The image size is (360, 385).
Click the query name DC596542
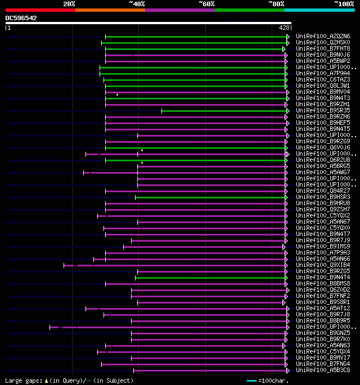(21, 18)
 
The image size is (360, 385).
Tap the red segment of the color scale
(40, 10)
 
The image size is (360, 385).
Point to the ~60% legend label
(206, 4)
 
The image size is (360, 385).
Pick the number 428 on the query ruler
(284, 28)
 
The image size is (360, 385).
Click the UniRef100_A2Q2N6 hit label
(323, 37)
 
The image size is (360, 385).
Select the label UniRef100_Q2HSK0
(323, 43)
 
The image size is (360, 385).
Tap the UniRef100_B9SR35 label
(323, 111)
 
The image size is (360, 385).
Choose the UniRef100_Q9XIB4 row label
(323, 265)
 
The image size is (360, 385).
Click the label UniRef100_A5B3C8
(323, 370)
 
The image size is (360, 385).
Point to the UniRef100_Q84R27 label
(323, 191)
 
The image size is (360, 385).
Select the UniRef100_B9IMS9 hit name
(323, 247)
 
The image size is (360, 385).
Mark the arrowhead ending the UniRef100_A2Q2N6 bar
(288, 37)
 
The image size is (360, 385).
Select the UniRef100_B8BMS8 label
(323, 284)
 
